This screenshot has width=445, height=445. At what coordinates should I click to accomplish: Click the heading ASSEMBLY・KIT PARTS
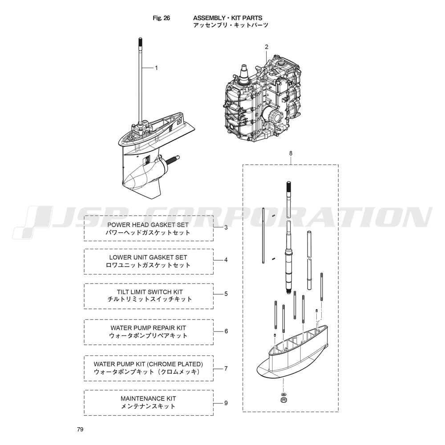(x=227, y=18)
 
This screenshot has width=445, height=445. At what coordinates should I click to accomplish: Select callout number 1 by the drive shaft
(x=156, y=68)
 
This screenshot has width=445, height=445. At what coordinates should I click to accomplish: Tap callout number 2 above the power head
(x=267, y=47)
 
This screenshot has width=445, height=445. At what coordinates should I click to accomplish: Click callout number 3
(x=226, y=227)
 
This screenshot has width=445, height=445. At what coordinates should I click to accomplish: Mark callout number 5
(x=226, y=294)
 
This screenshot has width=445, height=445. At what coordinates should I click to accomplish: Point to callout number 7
(x=226, y=368)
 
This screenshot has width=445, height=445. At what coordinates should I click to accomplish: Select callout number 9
(x=226, y=403)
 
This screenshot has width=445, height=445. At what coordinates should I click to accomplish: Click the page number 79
(x=80, y=429)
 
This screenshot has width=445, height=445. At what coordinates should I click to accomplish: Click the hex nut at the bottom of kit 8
(x=283, y=401)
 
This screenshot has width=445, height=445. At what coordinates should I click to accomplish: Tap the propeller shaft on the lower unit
(x=174, y=159)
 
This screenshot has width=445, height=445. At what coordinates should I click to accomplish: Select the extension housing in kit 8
(x=296, y=354)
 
